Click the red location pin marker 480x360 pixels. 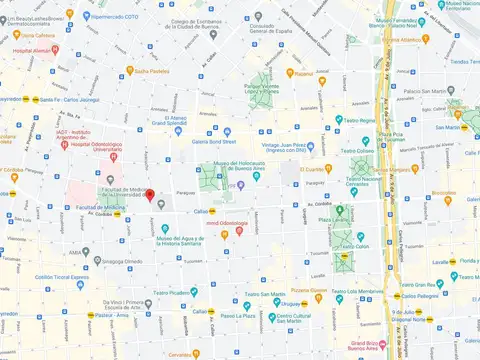point(150,195)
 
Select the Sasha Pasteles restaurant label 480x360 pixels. point(153,72)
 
